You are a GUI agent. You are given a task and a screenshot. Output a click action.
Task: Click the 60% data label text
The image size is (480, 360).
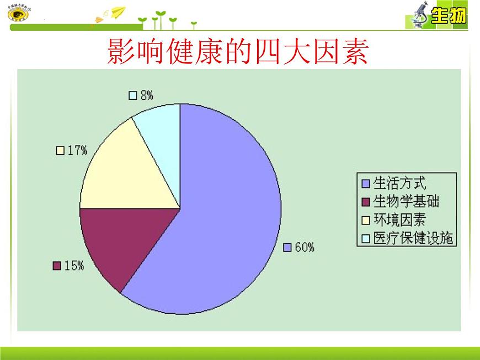tap(304, 248)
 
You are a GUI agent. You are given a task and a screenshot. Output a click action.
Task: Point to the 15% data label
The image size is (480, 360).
tap(74, 266)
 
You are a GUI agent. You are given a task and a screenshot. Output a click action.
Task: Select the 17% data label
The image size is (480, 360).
tap(77, 151)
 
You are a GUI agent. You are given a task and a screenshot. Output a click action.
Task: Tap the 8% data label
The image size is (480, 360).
tap(146, 95)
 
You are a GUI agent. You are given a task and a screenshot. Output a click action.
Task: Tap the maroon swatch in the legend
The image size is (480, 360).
tap(365, 202)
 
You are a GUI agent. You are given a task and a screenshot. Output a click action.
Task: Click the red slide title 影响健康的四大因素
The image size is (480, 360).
tap(238, 53)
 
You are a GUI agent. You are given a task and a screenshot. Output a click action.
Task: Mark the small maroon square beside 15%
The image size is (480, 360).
tap(56, 266)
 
